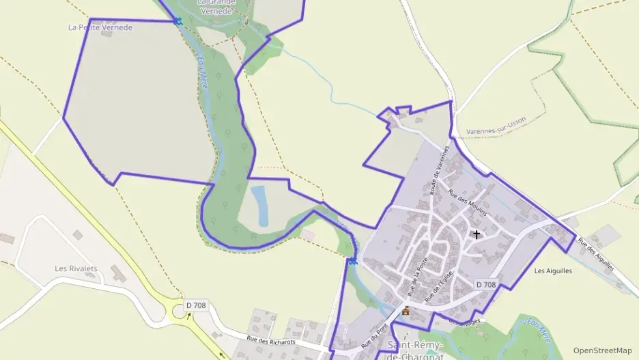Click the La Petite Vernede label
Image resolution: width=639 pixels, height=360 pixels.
click(100, 27)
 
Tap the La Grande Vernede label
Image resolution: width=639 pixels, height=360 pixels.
click(216, 5)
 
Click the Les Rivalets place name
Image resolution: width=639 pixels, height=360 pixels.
click(76, 268)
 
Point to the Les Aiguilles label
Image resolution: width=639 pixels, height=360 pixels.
click(553, 271)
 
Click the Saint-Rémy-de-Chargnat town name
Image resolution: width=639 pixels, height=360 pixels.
click(416, 350)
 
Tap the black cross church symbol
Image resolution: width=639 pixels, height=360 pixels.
click(476, 234)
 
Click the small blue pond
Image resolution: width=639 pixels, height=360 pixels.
click(259, 205)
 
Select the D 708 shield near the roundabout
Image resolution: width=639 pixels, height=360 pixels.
click(196, 305)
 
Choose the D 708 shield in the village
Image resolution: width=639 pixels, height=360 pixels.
click(485, 284)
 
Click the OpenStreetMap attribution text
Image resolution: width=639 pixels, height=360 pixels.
click(603, 350)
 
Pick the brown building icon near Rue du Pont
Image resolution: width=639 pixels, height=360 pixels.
click(406, 311)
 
